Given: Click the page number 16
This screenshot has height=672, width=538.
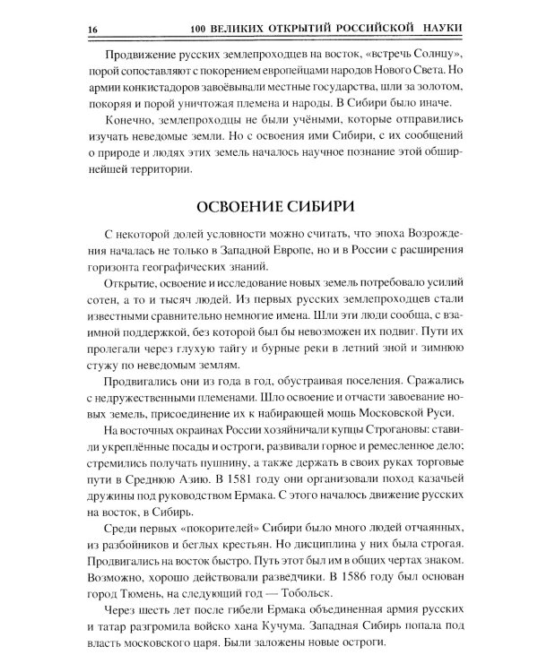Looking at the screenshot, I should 91,30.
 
